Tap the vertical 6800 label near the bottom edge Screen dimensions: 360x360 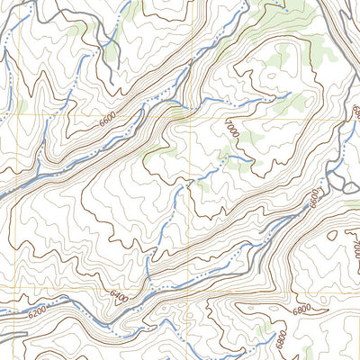point(281,342)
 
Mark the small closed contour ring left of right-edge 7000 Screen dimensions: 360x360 point(332,235)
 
